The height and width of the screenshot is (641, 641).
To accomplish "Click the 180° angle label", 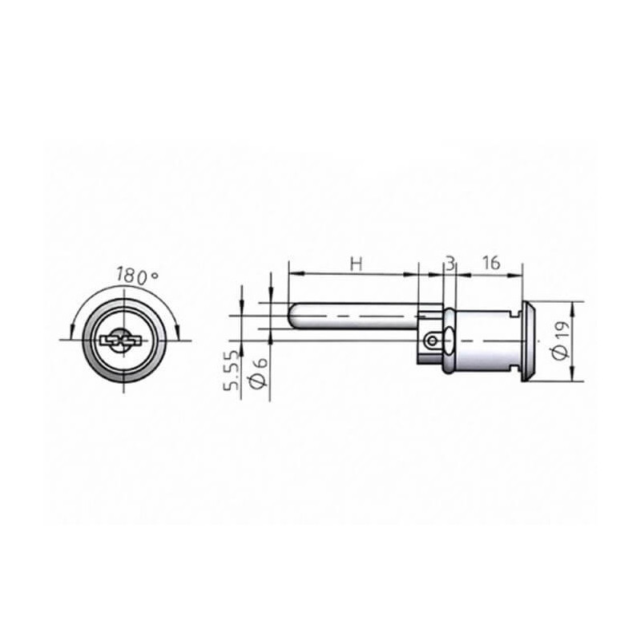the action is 137,276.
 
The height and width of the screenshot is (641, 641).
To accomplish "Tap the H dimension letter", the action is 357,264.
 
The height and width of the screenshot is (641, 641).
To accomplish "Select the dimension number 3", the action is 450,264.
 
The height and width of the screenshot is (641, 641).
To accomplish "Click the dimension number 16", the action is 491,263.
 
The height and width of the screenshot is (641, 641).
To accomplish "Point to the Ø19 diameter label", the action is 562,340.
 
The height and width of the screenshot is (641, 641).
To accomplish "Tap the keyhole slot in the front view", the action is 121,340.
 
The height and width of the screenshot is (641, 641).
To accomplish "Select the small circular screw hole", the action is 432,340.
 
